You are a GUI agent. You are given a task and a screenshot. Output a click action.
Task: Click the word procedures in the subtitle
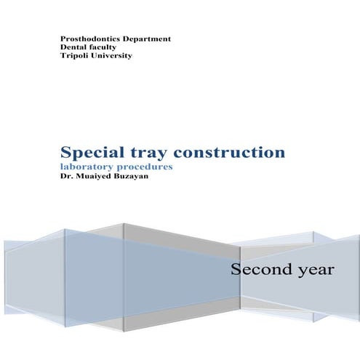coord(151,167)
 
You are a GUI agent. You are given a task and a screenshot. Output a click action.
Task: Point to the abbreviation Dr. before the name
coord(65,176)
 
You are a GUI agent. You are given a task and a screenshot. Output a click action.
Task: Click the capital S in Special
coord(67,153)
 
